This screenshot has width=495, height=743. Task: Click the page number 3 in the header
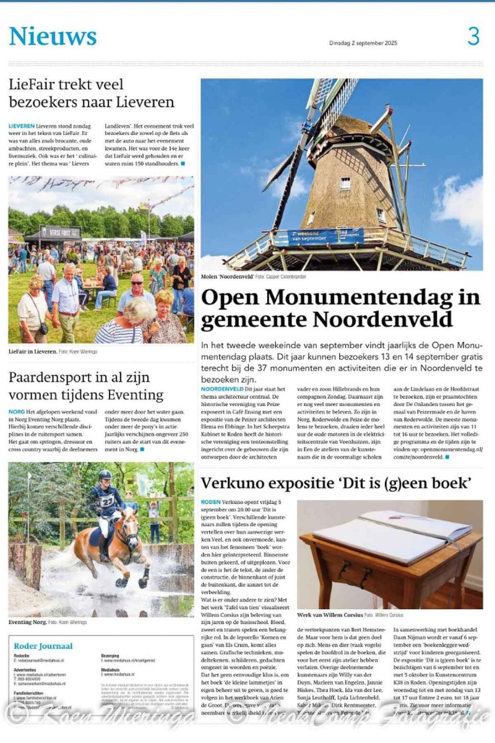(473, 37)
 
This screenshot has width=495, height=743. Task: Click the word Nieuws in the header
(53, 37)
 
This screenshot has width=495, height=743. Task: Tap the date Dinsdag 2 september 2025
(363, 43)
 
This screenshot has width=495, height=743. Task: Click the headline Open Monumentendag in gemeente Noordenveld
(340, 308)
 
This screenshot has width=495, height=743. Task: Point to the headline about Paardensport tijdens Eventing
(86, 386)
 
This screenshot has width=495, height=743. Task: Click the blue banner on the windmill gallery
(318, 237)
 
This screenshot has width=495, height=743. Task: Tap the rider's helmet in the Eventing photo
(105, 476)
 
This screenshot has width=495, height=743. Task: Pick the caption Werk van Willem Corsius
(330, 615)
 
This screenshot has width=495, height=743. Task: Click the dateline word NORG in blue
(17, 412)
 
